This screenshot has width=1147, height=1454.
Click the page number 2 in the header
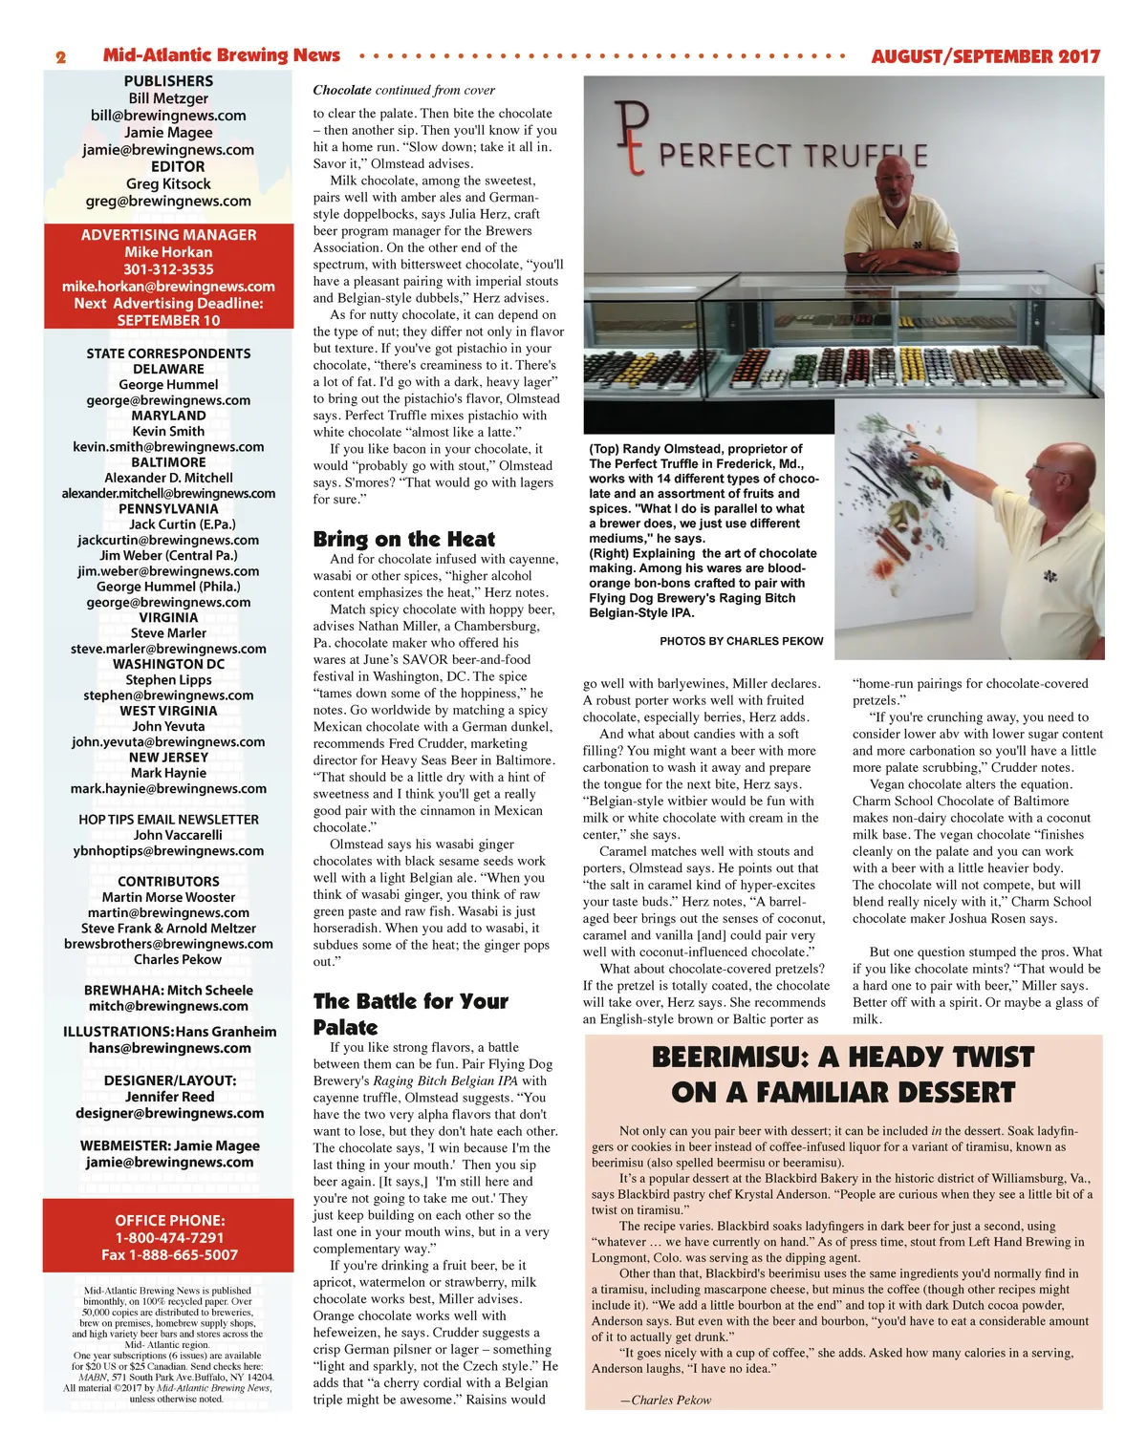click(60, 57)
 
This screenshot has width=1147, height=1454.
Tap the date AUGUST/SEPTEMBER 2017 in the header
click(985, 56)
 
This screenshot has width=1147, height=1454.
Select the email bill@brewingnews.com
click(168, 116)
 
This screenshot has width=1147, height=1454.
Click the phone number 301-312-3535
click(168, 269)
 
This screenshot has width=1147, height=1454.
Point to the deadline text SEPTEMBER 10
click(168, 320)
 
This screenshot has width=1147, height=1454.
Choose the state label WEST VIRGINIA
click(168, 711)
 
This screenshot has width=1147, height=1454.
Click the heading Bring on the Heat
click(404, 539)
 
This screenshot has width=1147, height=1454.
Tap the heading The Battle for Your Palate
click(410, 1014)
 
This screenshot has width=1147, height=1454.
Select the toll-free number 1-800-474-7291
click(169, 1237)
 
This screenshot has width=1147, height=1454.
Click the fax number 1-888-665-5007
click(169, 1254)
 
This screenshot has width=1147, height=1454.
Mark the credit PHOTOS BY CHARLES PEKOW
click(741, 641)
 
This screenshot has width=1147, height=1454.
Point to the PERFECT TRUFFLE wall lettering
click(792, 156)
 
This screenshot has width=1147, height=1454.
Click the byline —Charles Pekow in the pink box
click(665, 1400)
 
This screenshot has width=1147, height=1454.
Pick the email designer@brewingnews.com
click(169, 1113)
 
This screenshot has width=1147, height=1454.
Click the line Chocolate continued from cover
click(403, 90)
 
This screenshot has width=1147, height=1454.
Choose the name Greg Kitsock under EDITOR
click(168, 183)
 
